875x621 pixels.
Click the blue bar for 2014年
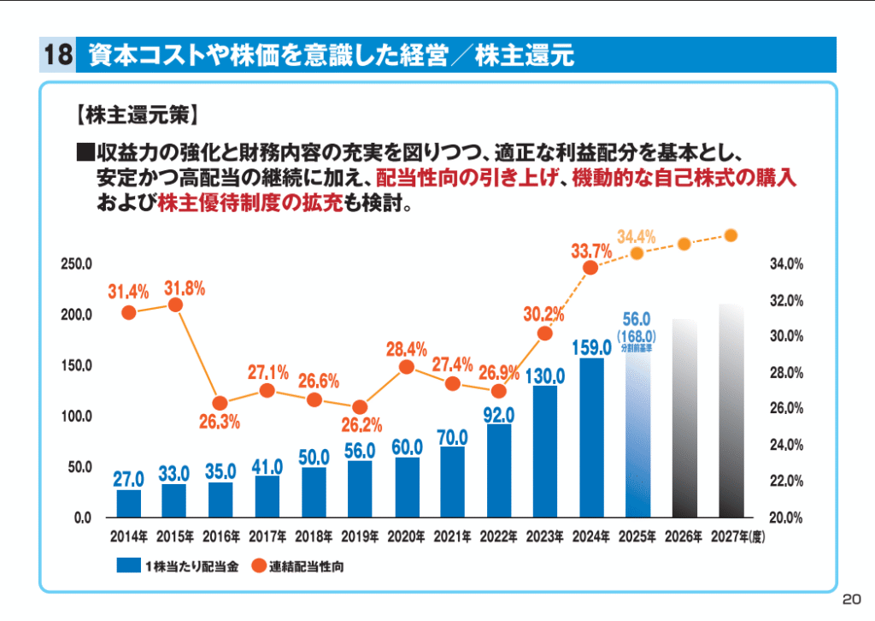(x=129, y=504)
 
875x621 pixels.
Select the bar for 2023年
(x=545, y=452)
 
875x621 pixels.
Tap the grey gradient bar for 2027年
(x=731, y=411)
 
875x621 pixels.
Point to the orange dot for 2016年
(x=220, y=403)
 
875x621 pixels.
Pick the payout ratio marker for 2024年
(x=590, y=268)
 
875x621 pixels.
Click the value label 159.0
(x=591, y=347)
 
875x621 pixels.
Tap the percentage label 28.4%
(x=407, y=349)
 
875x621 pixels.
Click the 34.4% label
(x=636, y=237)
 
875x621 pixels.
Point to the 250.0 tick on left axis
(x=76, y=264)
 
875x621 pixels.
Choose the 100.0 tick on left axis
(x=76, y=417)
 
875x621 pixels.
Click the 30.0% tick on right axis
(x=786, y=336)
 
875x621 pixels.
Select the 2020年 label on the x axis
(x=406, y=537)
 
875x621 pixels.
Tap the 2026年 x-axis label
(x=684, y=537)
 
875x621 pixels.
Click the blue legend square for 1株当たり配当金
(x=128, y=565)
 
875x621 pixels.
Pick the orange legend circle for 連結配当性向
(x=258, y=565)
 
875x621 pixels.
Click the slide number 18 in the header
(x=56, y=56)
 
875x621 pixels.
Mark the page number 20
(x=851, y=598)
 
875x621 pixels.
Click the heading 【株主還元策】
(x=136, y=112)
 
